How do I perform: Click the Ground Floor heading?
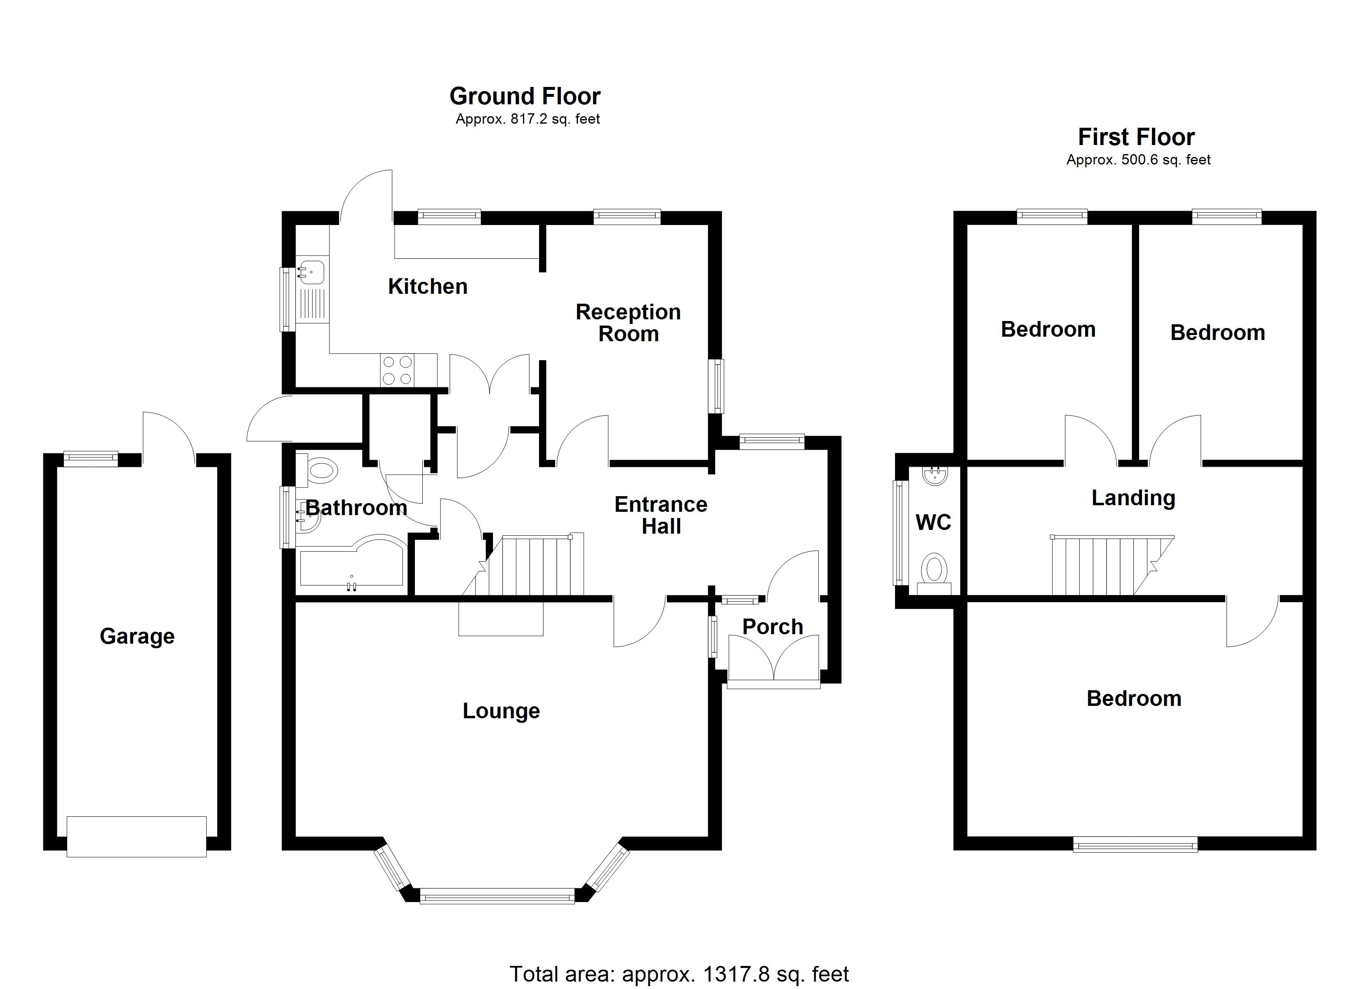tap(525, 96)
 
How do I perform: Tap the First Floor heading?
tap(1136, 137)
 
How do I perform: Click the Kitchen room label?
tap(427, 287)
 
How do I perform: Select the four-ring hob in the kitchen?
tap(397, 370)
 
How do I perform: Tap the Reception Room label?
tap(628, 323)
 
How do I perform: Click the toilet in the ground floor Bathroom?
tap(320, 470)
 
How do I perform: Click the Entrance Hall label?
tap(661, 515)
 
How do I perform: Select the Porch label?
tap(772, 627)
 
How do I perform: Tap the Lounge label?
tap(501, 711)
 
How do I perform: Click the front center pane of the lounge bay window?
tap(497, 898)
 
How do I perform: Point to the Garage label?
tap(137, 636)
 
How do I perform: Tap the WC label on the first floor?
tap(933, 523)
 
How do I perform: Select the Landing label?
tap(1133, 498)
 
